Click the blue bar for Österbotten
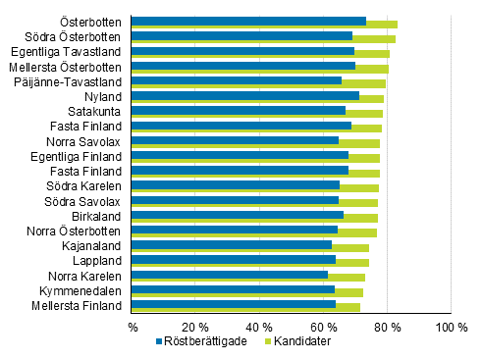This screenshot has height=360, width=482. point(248,21)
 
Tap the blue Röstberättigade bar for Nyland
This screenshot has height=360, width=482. point(245,95)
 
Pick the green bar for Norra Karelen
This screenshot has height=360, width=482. point(347,278)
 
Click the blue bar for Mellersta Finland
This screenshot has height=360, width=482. point(234,304)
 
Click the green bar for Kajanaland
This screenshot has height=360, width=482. point(350,248)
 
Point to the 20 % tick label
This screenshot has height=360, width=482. point(195,326)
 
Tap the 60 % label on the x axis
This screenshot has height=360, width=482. point(323,326)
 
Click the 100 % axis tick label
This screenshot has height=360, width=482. point(451,326)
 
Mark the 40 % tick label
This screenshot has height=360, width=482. point(259,326)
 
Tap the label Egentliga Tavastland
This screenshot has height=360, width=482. point(67,51)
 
